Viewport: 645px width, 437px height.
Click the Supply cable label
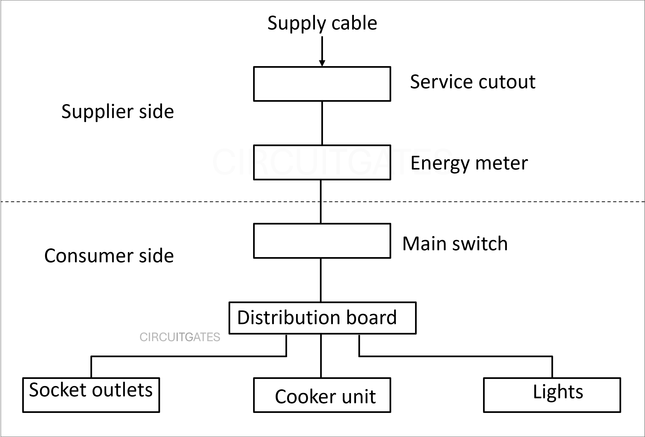[322, 23]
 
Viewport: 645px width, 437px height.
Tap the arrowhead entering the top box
[322, 63]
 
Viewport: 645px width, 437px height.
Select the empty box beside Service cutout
[322, 84]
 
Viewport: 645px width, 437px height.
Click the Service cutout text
[472, 82]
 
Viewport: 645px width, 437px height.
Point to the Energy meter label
[469, 163]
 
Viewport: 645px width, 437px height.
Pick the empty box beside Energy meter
[322, 162]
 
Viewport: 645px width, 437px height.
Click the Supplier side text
[117, 111]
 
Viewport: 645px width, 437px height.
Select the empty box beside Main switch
[322, 241]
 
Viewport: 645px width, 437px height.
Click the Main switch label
[455, 244]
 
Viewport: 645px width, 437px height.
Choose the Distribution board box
[322, 318]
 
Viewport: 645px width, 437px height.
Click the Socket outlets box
[91, 395]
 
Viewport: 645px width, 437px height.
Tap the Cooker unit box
[322, 395]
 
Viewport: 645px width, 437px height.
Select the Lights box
[552, 395]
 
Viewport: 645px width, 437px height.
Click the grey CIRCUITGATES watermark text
[180, 337]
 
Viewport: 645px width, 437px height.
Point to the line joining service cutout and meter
[322, 123]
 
